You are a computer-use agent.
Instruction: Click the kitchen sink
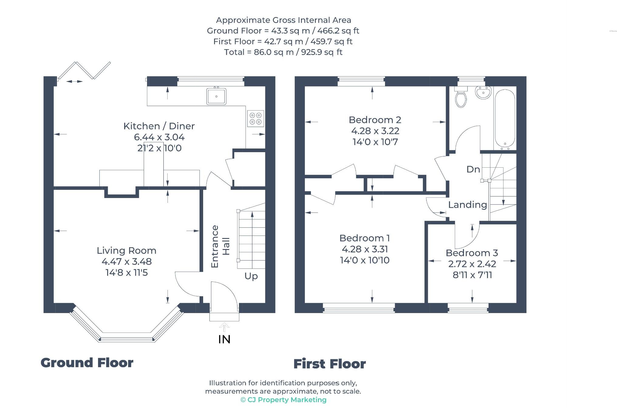(216, 96)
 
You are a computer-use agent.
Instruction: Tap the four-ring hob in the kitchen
(255, 118)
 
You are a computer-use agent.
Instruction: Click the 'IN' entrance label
(224, 339)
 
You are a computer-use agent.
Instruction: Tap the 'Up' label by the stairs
(251, 276)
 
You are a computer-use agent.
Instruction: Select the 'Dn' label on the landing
(473, 169)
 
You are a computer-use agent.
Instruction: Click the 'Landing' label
(467, 205)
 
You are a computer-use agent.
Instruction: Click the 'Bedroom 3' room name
(472, 253)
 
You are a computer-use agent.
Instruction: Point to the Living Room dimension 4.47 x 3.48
(127, 261)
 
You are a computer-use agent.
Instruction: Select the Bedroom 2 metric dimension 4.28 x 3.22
(375, 131)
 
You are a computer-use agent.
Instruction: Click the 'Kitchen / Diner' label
(159, 126)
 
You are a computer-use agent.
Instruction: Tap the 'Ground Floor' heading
(87, 363)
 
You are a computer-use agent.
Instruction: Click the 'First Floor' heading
(329, 364)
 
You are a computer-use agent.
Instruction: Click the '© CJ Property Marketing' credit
(283, 400)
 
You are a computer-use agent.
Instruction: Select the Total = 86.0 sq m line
(283, 52)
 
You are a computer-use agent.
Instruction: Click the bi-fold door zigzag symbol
(84, 70)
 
